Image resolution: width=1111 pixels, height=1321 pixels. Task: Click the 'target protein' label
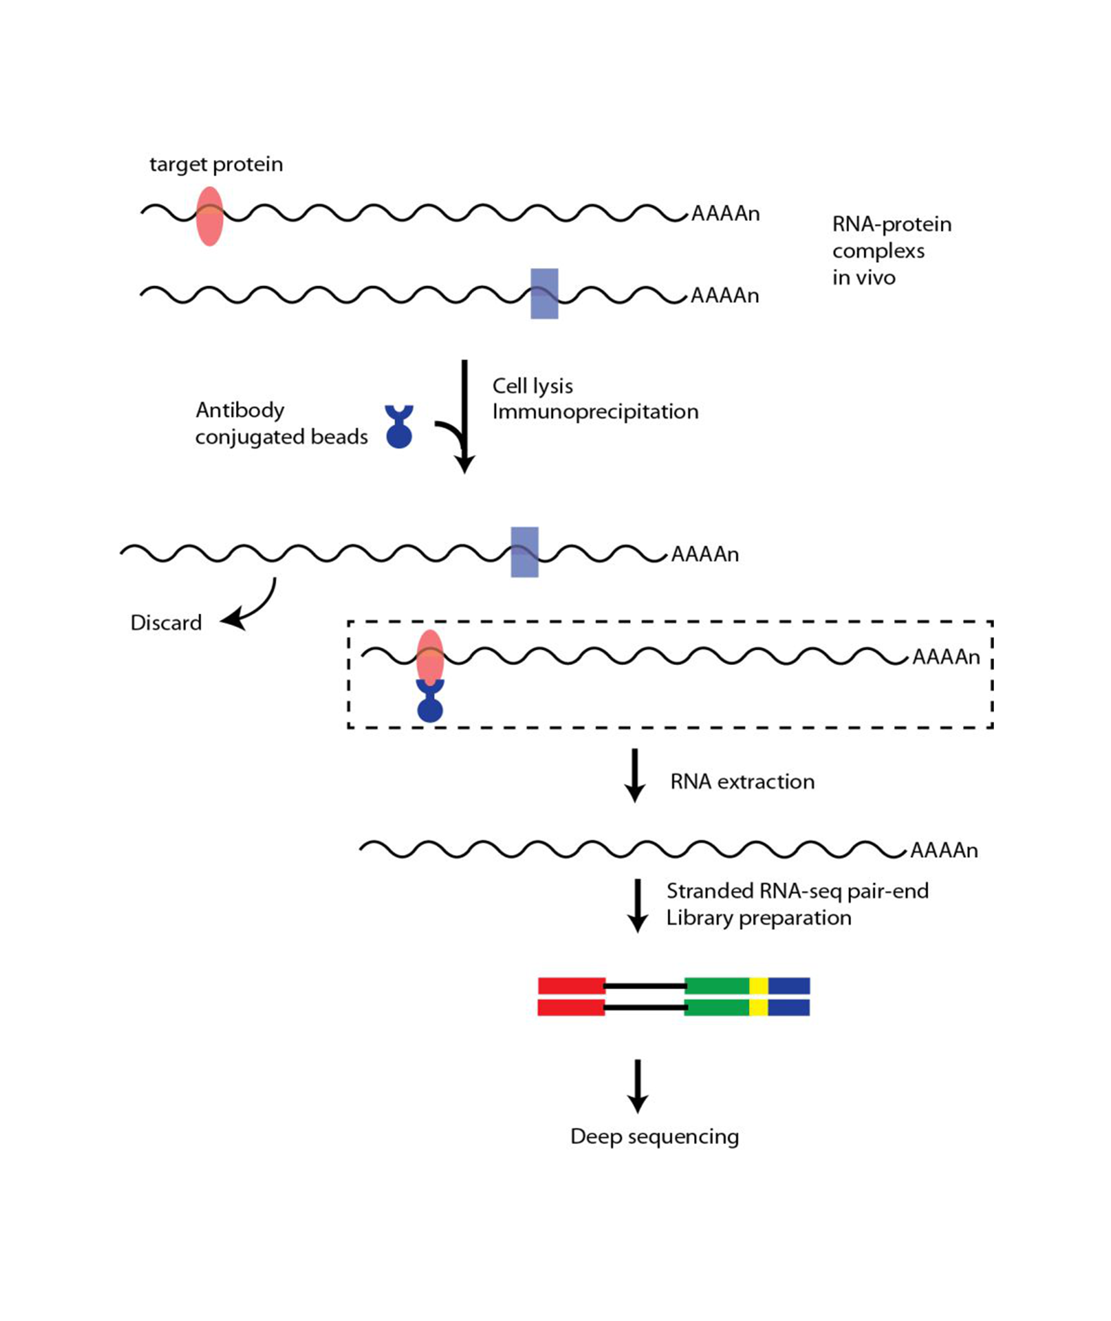pos(216,164)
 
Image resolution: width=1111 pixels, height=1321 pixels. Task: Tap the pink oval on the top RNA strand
pos(209,216)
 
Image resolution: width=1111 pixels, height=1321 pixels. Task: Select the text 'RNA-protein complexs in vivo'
pos(891,251)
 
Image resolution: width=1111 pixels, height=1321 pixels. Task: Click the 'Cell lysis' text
pos(532,386)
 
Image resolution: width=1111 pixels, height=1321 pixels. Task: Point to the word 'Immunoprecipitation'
pos(595,412)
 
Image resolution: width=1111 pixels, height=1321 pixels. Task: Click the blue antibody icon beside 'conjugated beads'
pos(399,426)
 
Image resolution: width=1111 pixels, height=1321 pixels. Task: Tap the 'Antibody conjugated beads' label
pos(281,423)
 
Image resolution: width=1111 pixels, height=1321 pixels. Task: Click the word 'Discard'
pos(166,623)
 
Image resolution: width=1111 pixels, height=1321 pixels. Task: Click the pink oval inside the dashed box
pos(430,657)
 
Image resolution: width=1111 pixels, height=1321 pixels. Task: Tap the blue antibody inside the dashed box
pos(430,702)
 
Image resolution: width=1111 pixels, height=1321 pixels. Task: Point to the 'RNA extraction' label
pos(742,782)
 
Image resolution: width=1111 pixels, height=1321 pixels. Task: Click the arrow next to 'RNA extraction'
pos(635,775)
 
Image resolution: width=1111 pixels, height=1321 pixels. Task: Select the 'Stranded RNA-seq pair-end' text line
pos(797,891)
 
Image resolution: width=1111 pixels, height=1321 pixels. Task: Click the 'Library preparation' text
pos(759,918)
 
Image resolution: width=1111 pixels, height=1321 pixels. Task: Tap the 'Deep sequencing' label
pos(654,1136)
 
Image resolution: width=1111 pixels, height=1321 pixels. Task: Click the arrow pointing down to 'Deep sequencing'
pos(637,1086)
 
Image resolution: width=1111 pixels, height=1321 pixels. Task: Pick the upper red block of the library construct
pos(571,986)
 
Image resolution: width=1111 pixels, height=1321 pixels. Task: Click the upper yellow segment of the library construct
pos(759,986)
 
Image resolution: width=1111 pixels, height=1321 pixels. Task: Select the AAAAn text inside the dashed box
pos(946,657)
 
